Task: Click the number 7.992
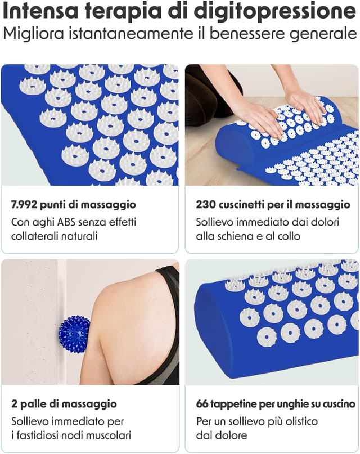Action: [x=24, y=205]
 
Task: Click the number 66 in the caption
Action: [x=202, y=403]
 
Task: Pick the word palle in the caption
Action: [x=33, y=404]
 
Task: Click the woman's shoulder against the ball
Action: [x=116, y=313]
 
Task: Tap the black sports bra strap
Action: [x=167, y=290]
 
